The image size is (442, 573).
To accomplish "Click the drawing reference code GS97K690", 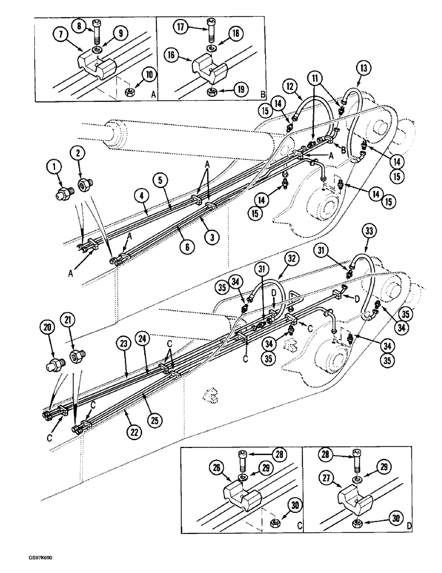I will [24, 564].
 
